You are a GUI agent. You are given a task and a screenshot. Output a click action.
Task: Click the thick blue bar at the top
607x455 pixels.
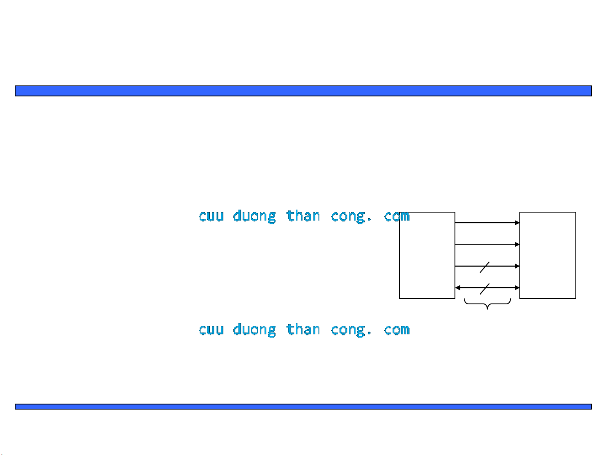pyautogui.click(x=303, y=91)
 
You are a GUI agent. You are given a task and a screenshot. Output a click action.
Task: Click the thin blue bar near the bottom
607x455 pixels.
pyautogui.click(x=303, y=406)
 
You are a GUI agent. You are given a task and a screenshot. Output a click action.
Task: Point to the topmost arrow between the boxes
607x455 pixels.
pyautogui.click(x=487, y=223)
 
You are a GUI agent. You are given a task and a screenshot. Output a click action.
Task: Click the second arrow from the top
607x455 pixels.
pyautogui.click(x=487, y=245)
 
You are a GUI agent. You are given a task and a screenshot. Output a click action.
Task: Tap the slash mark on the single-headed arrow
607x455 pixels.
pyautogui.click(x=484, y=267)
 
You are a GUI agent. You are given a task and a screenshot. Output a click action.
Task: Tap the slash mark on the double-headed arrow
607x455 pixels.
pyautogui.click(x=484, y=289)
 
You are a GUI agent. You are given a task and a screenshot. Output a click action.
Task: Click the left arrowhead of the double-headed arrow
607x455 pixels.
pyautogui.click(x=457, y=287)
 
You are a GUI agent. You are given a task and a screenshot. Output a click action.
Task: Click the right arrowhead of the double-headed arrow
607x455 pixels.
pyautogui.click(x=517, y=287)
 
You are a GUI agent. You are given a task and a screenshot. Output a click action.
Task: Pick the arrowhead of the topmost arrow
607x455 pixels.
pyautogui.click(x=517, y=223)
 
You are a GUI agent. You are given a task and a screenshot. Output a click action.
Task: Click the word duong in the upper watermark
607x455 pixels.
pyautogui.click(x=254, y=216)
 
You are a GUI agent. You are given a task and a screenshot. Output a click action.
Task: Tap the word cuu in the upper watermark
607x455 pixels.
pyautogui.click(x=211, y=216)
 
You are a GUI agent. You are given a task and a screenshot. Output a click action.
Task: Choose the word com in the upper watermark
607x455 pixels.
pyautogui.click(x=397, y=216)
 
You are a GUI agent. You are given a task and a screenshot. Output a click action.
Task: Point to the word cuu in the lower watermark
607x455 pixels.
pyautogui.click(x=211, y=330)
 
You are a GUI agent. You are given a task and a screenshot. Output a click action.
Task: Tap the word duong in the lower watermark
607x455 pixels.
pyautogui.click(x=254, y=330)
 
